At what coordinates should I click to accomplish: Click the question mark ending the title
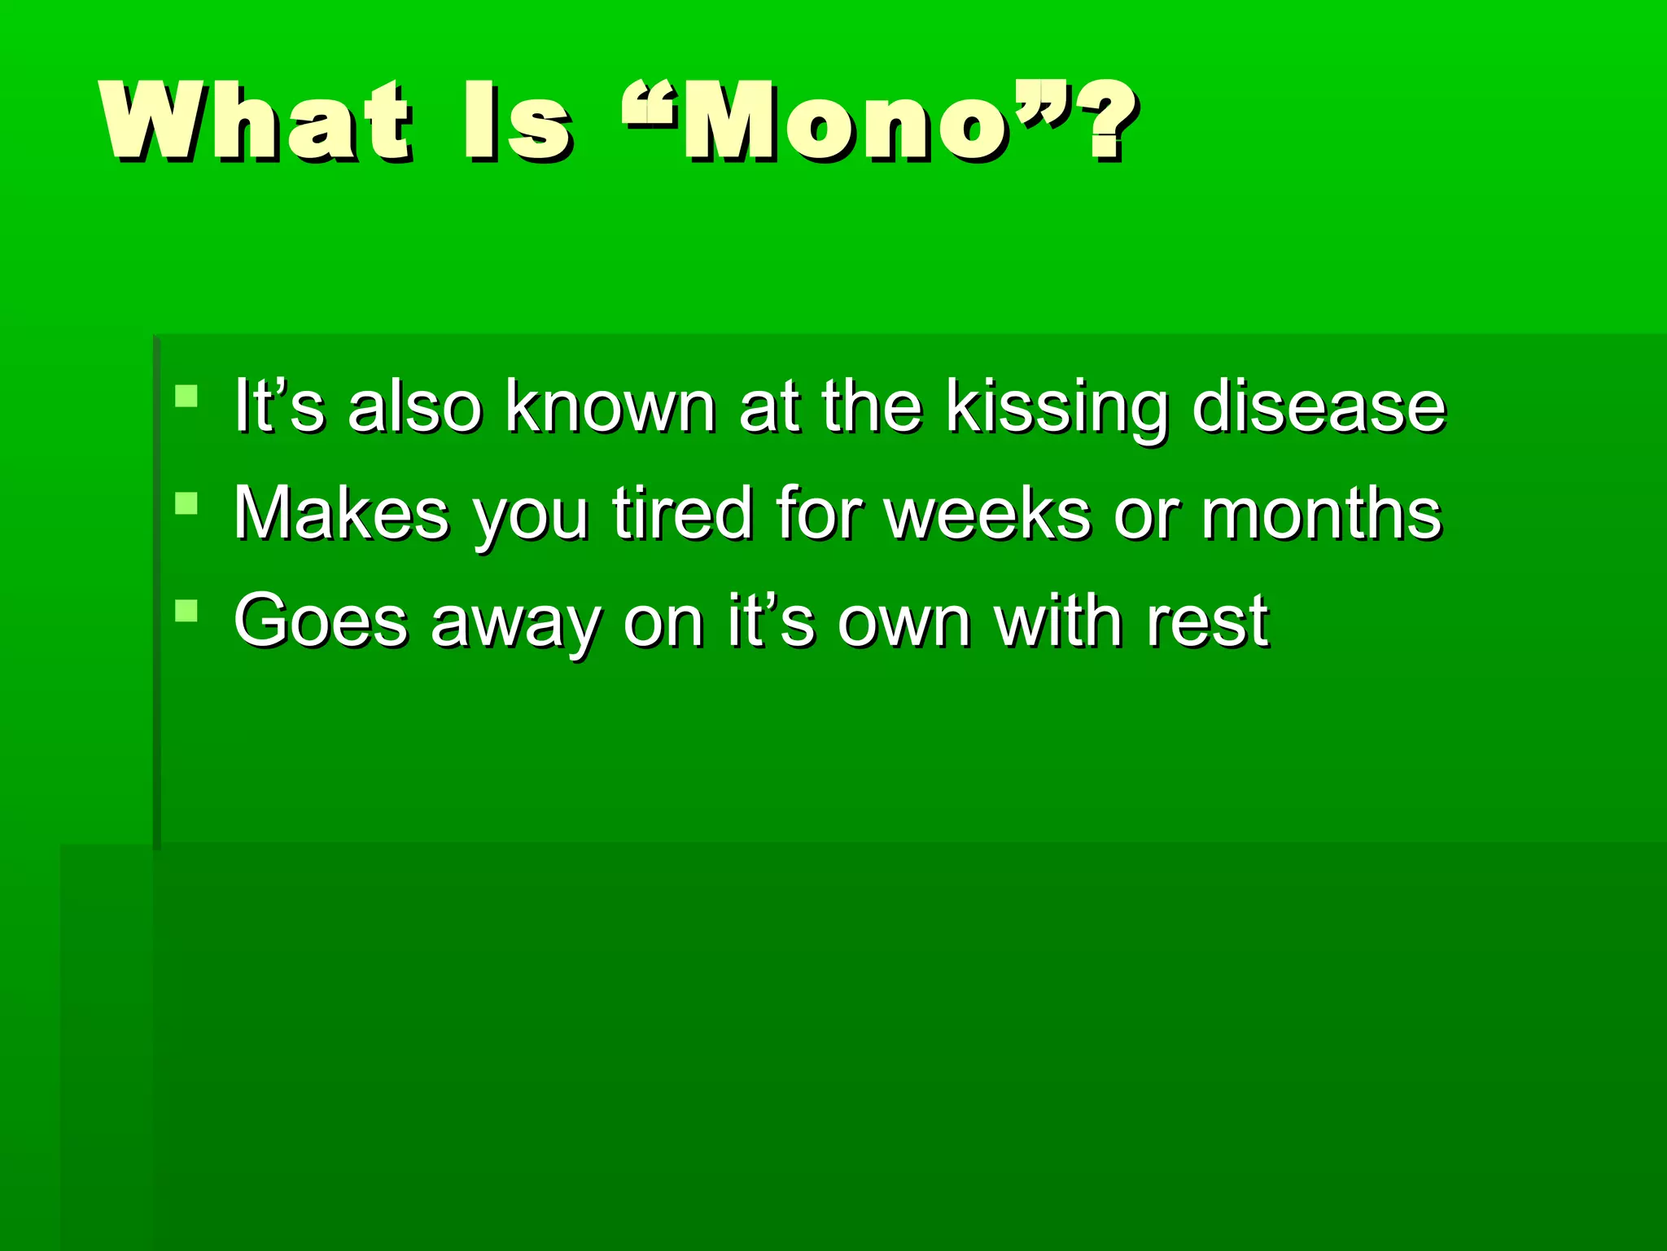1109,121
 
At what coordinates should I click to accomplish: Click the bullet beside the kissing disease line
186,397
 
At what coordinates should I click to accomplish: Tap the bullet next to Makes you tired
186,504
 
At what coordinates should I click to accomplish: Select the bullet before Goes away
186,611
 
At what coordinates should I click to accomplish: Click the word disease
1319,406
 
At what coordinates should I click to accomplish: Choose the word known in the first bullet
610,406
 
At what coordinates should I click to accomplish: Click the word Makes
341,514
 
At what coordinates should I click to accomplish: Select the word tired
683,514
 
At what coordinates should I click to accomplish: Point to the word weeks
987,514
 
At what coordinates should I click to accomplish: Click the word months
1321,514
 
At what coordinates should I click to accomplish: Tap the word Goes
321,621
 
